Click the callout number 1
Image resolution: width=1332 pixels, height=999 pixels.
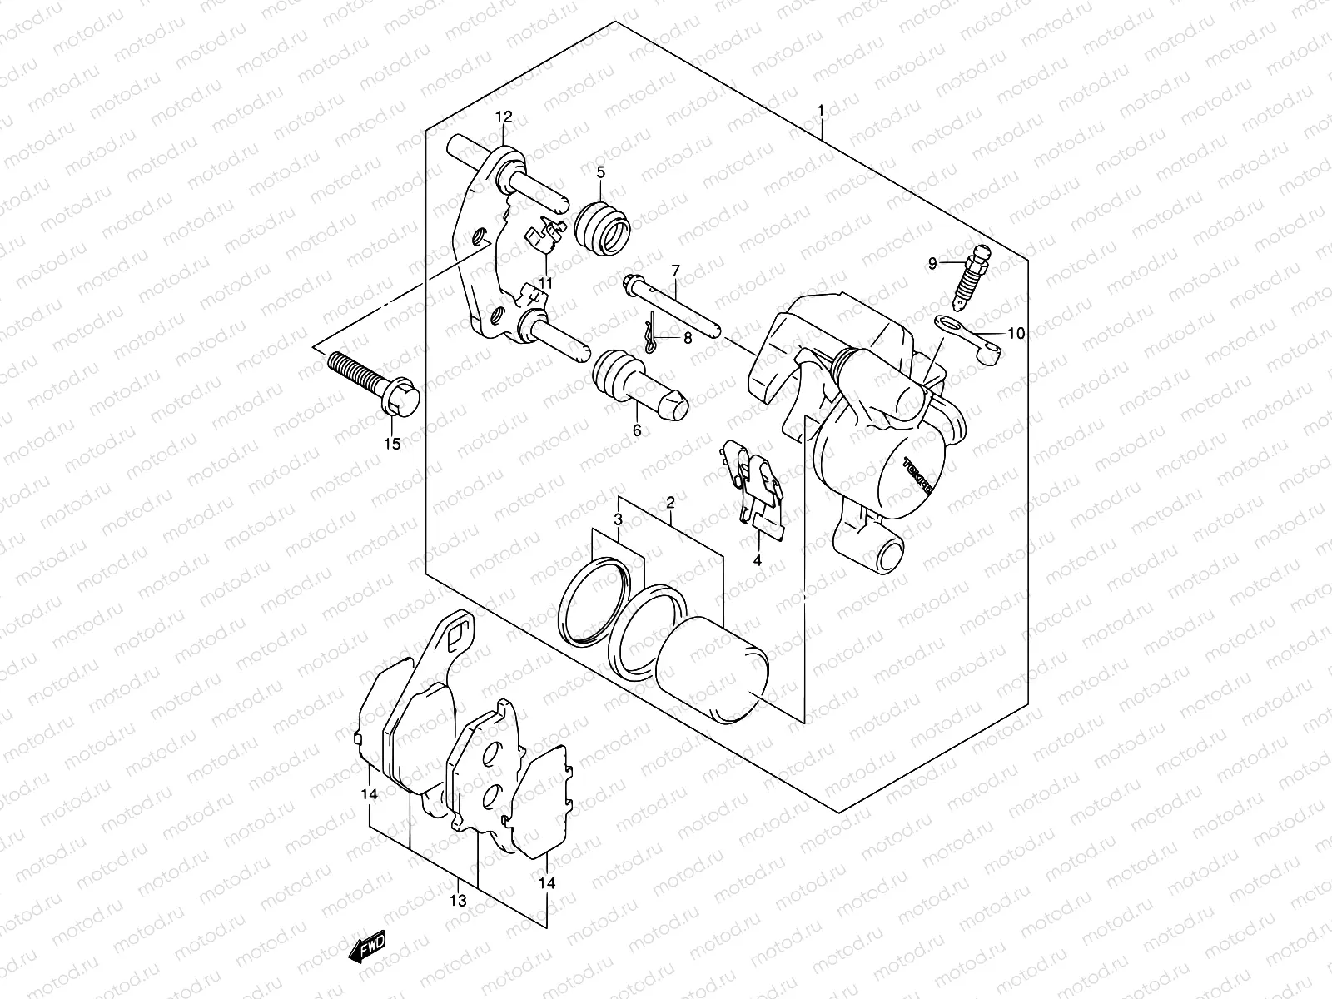coord(821,111)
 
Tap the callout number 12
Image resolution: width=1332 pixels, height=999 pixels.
coord(504,117)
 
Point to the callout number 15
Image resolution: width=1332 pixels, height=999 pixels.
coord(391,444)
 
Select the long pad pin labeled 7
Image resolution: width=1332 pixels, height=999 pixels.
coord(670,308)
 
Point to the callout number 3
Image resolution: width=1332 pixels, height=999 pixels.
coord(618,519)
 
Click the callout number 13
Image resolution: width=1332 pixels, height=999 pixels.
coord(458,901)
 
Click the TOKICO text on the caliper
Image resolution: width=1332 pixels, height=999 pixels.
coord(918,475)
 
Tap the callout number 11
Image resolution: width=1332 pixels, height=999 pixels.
coord(545,283)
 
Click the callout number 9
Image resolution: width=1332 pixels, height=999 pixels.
coord(933,264)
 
